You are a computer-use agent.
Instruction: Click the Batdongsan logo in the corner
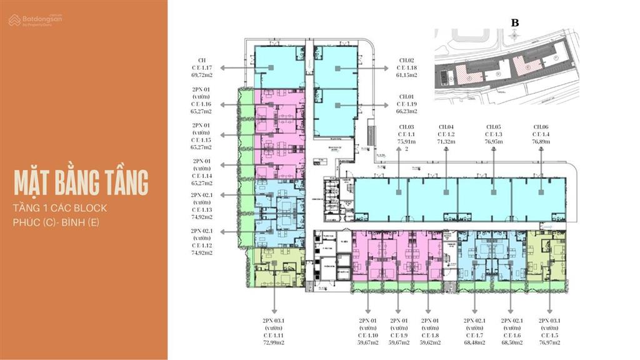pos(35,20)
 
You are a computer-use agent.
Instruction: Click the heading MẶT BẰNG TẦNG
pos(81,182)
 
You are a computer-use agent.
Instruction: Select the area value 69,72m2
pos(202,74)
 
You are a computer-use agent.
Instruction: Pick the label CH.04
pos(446,127)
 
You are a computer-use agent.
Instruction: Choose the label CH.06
pos(541,127)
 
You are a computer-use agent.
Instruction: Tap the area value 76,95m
pos(494,142)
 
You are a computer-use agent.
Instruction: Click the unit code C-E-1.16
pos(202,104)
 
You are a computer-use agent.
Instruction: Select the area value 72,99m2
pos(273,342)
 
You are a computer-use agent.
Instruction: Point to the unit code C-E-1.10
pos(367,335)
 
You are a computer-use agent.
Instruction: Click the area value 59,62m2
pos(430,342)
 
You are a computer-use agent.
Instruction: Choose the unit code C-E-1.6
pos(511,335)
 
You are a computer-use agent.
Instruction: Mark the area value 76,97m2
pos(549,342)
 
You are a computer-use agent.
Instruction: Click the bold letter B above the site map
pos(515,23)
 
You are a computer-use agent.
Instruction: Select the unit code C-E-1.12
pos(202,246)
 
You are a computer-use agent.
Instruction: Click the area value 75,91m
pos(407,142)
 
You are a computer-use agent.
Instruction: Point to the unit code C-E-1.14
pos(202,176)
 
